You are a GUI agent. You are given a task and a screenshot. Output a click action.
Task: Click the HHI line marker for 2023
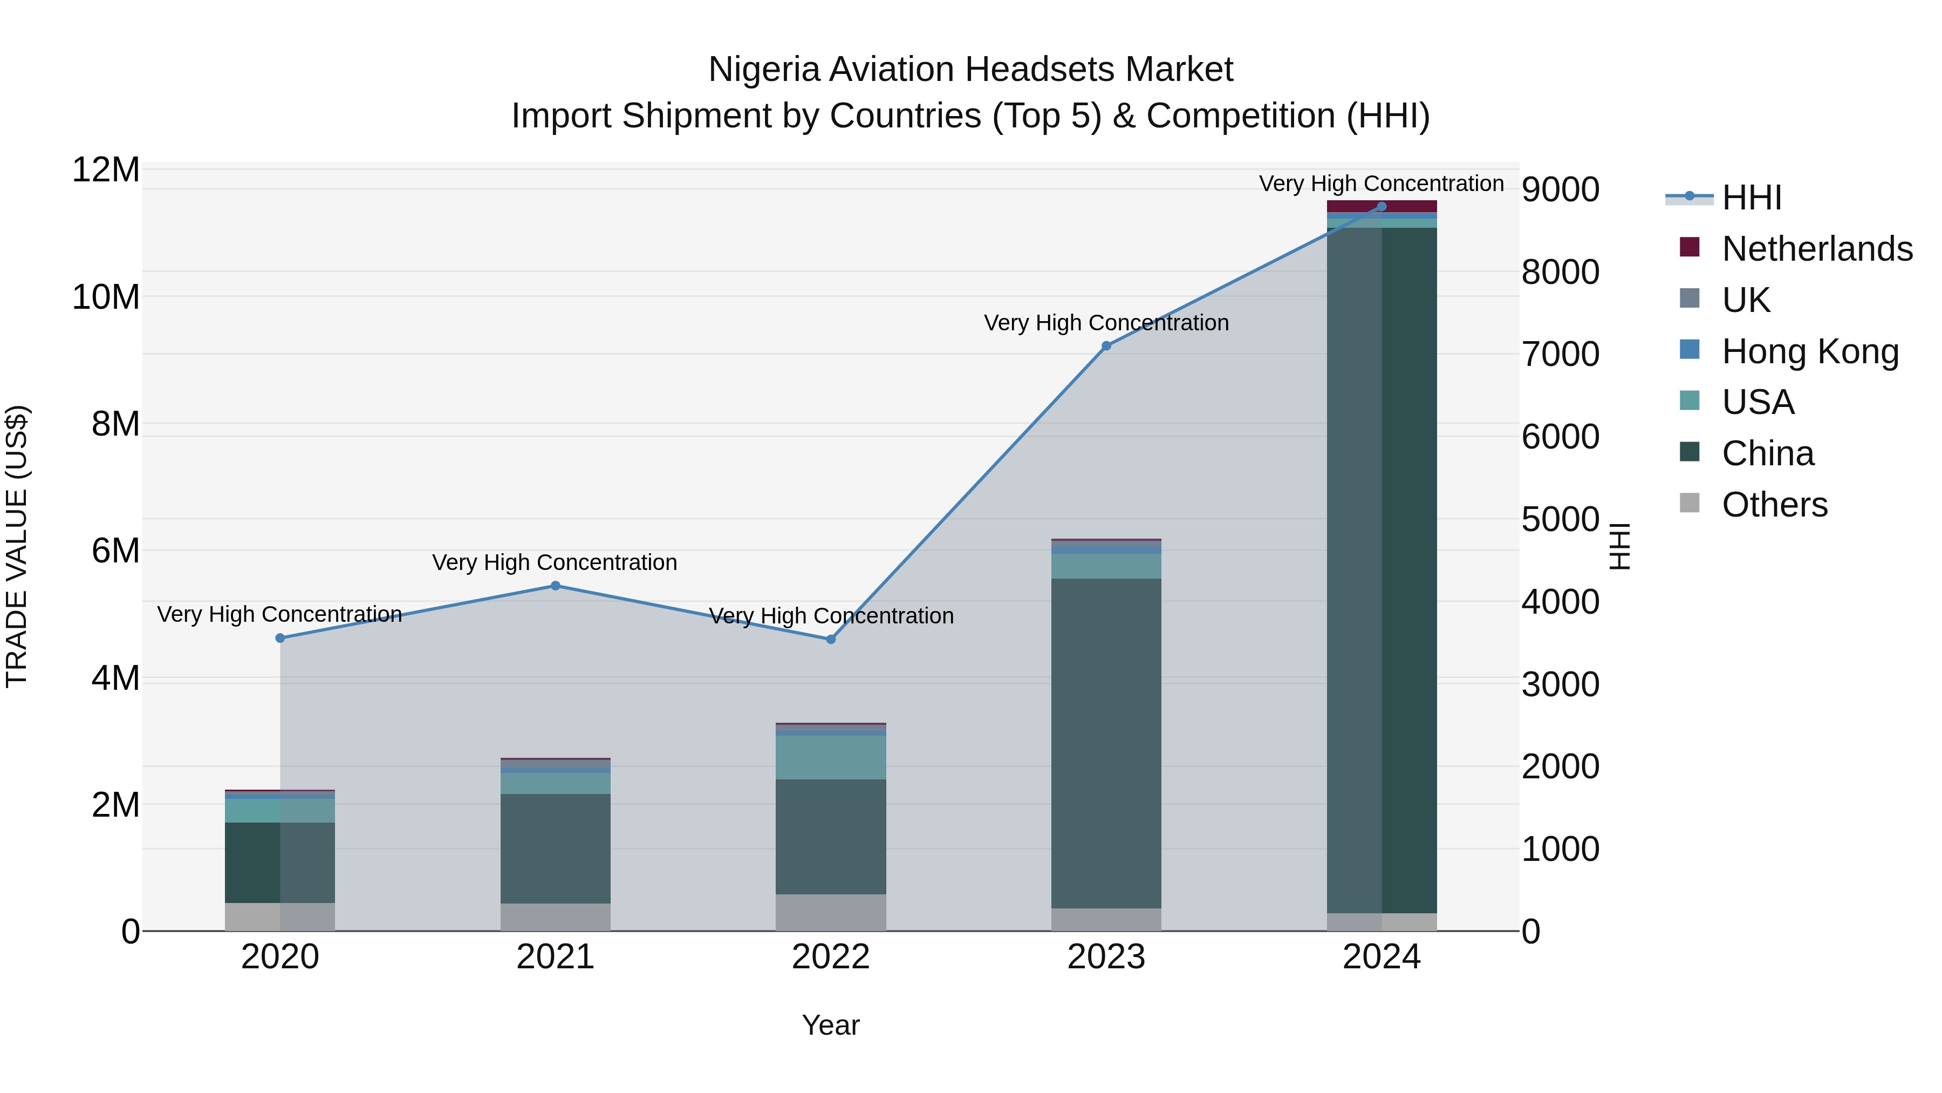point(1106,346)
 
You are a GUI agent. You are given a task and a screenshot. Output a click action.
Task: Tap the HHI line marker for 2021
point(556,585)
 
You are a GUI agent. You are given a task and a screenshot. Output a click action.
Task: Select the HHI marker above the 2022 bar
point(831,639)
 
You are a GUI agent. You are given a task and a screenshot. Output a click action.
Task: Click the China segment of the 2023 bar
point(1106,743)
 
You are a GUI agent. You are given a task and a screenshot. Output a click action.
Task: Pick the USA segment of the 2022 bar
point(831,757)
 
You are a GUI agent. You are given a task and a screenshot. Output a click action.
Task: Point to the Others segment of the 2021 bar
point(556,917)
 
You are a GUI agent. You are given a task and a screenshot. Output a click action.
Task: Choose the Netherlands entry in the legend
point(1817,249)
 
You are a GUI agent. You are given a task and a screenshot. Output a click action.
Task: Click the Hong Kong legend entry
point(1809,351)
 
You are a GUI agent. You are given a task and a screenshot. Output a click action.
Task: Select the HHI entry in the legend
point(1751,198)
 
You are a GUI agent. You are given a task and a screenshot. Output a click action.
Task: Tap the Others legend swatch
point(1690,503)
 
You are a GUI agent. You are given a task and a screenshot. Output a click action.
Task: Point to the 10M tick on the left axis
point(106,297)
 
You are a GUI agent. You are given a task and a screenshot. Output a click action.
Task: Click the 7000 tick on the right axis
point(1560,355)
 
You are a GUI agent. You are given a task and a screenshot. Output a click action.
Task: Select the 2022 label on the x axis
point(831,957)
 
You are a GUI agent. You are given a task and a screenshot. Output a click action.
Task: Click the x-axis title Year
point(831,1025)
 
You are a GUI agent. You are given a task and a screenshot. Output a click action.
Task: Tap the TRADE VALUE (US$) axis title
point(17,546)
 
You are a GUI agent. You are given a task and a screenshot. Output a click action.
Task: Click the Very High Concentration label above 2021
point(555,563)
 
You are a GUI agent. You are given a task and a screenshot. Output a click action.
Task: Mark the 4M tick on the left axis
point(115,678)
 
